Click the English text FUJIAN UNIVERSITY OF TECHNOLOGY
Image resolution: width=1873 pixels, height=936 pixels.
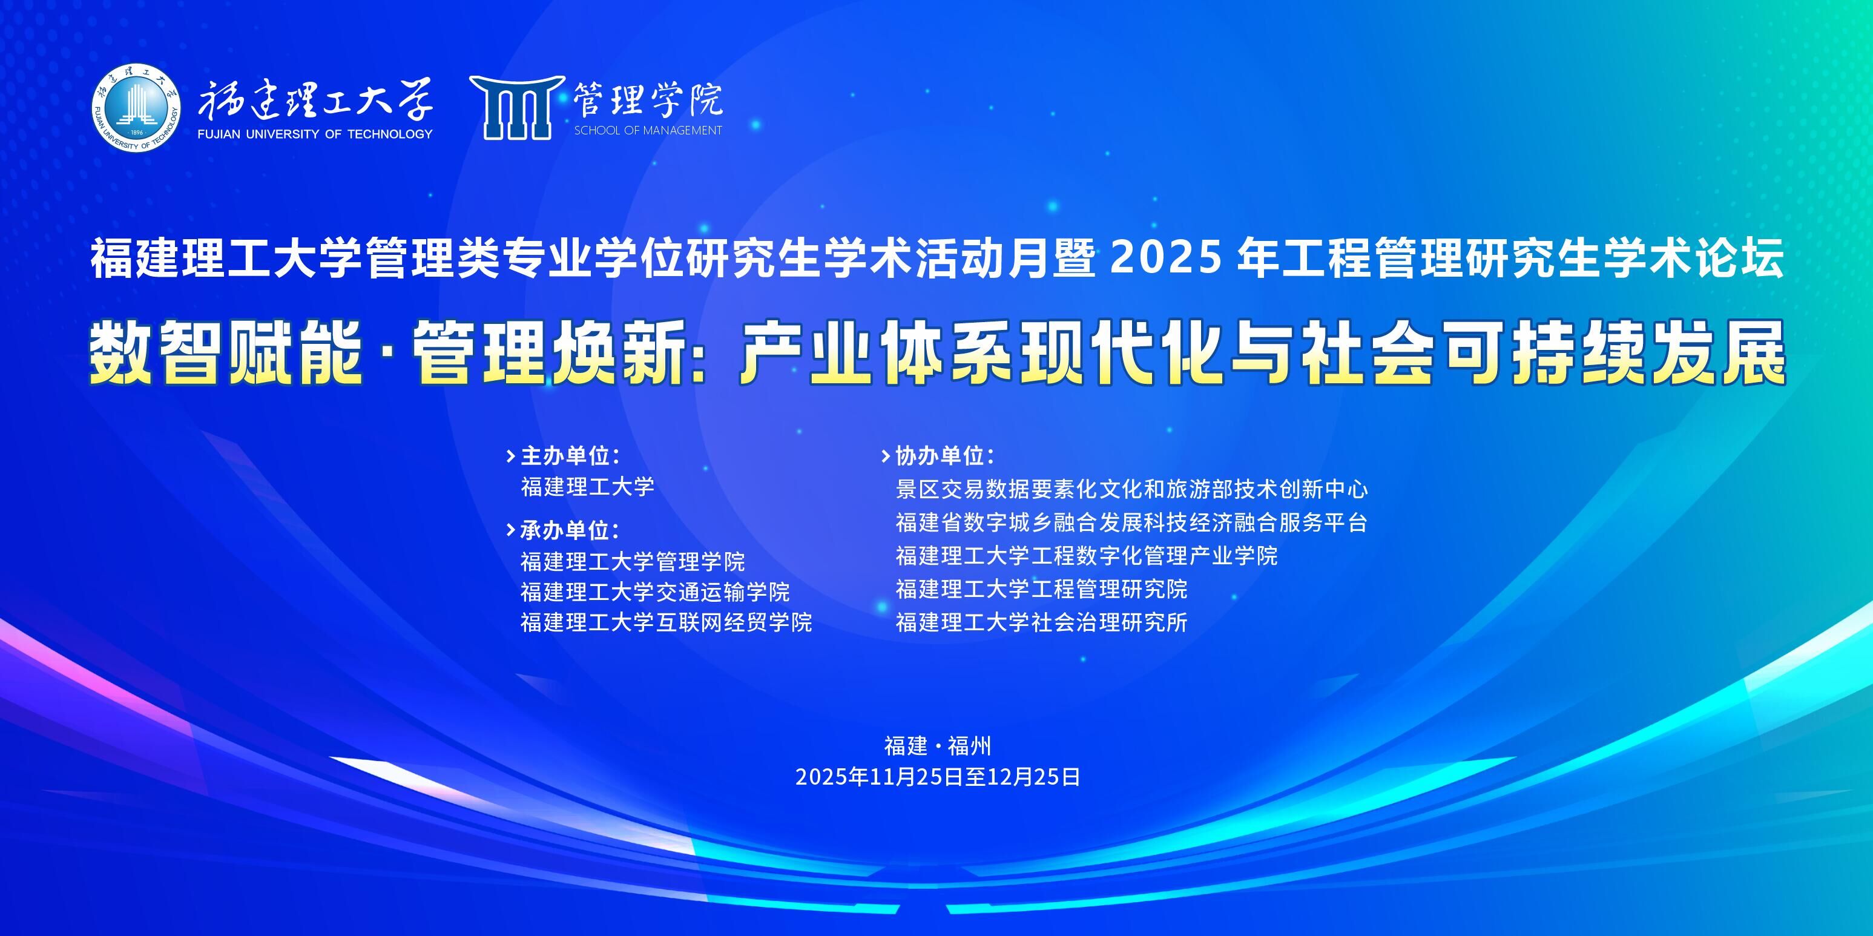[x=315, y=134]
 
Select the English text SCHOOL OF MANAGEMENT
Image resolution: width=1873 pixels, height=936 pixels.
[x=648, y=130]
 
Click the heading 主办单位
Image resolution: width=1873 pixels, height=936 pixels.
[x=571, y=456]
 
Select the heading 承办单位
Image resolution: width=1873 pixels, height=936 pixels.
[x=571, y=530]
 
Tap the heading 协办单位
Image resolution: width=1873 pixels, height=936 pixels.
[x=944, y=456]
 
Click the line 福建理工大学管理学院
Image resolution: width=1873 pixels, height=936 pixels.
[x=633, y=561]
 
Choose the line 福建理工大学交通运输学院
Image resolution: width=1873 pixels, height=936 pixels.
[x=655, y=592]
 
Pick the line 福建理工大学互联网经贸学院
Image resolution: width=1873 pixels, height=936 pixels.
[x=666, y=622]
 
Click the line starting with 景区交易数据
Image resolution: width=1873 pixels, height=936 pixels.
[x=1131, y=489]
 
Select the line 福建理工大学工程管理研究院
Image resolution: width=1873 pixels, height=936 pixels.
[x=1041, y=589]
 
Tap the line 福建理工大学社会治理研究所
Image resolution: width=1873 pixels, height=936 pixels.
[x=1041, y=622]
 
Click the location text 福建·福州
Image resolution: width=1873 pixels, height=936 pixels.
[x=937, y=745]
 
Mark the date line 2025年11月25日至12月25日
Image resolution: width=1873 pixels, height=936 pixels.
[x=937, y=777]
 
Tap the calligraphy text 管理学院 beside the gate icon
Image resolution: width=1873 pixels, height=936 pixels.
[x=648, y=100]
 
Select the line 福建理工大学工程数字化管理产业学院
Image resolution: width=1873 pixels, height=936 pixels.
[x=1086, y=556]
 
